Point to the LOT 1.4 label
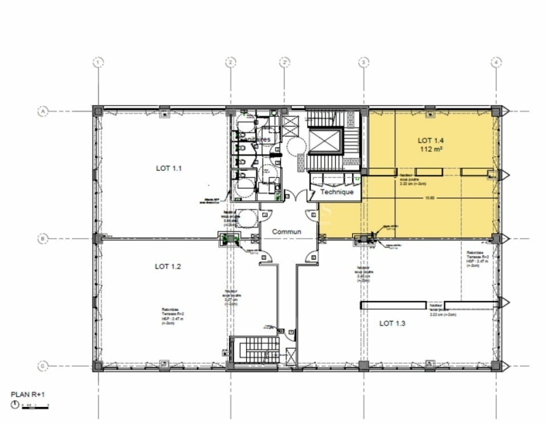click(431, 141)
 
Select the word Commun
click(287, 232)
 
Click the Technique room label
click(337, 193)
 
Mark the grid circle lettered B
click(42, 239)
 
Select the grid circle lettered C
click(42, 367)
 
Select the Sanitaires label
click(254, 139)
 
